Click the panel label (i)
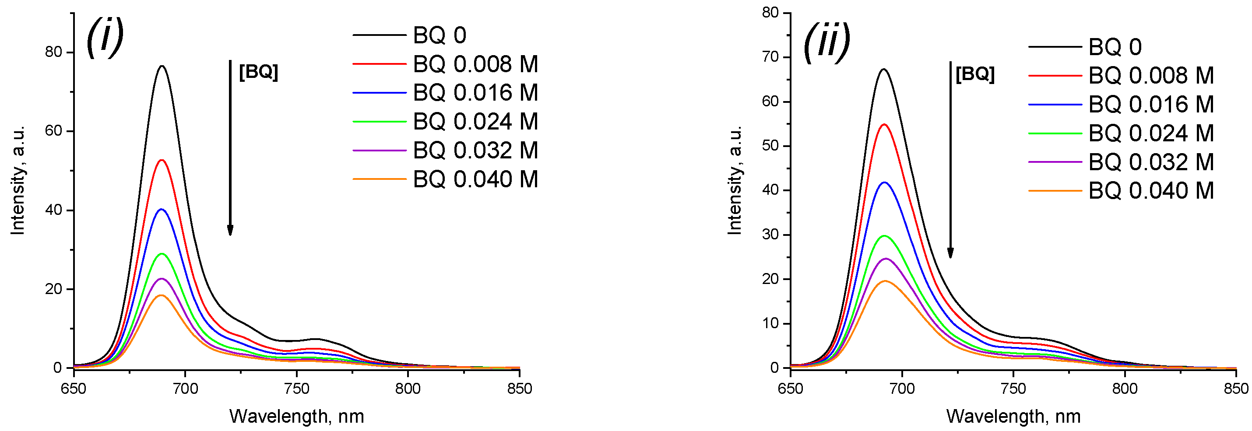click(x=105, y=37)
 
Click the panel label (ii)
click(x=826, y=42)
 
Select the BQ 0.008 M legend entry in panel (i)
click(x=475, y=64)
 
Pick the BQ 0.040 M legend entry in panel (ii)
click(x=1150, y=190)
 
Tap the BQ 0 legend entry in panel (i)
click(x=439, y=35)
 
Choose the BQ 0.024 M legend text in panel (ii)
click(x=1150, y=133)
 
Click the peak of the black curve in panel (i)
click(x=162, y=66)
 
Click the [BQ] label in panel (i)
click(x=259, y=72)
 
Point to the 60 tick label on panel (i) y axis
click(x=53, y=131)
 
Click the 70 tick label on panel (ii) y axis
click(x=770, y=57)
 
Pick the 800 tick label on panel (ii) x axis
click(x=1125, y=389)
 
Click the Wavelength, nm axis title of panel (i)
click(x=296, y=417)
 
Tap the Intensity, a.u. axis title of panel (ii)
click(x=735, y=180)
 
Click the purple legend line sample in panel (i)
click(x=379, y=151)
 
